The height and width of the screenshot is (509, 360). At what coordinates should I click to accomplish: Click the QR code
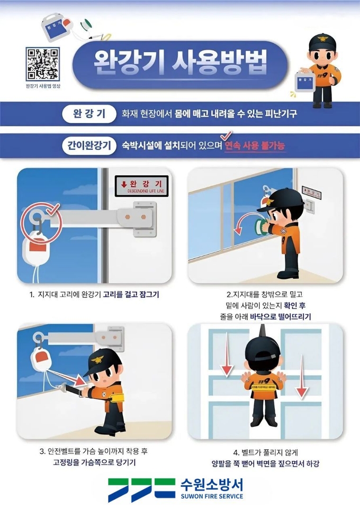[x=42, y=64]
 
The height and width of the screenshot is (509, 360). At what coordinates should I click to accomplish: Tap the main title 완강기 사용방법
[x=181, y=62]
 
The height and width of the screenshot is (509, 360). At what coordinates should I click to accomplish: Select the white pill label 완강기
[x=89, y=114]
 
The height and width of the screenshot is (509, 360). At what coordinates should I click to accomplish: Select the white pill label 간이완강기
[x=89, y=146]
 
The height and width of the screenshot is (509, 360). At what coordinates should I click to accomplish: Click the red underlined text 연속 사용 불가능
[x=255, y=146]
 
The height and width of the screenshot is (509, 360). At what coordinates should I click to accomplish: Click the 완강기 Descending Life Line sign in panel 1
[x=142, y=186]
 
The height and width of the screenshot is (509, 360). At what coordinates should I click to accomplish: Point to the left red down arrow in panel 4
[x=227, y=355]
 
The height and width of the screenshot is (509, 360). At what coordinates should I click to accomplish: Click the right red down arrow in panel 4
[x=302, y=377]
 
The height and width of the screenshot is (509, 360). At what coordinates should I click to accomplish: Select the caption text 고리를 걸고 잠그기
[x=131, y=294]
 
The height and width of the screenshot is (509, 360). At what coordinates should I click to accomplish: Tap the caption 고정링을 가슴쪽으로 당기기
[x=94, y=462]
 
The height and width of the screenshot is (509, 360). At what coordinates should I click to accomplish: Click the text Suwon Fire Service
[x=212, y=496]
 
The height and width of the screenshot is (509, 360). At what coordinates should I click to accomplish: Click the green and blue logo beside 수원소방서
[x=142, y=490]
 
